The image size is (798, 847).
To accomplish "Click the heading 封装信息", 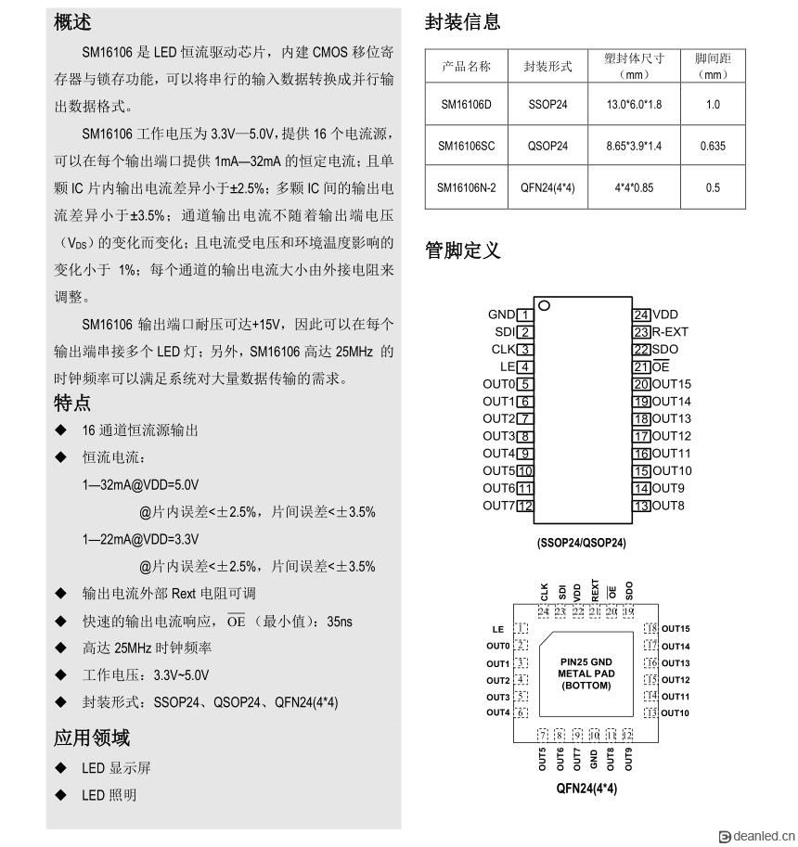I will pyautogui.click(x=462, y=22).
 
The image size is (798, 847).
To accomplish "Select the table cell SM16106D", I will pyautogui.click(x=466, y=104).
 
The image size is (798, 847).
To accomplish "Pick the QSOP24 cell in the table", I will pyautogui.click(x=547, y=146).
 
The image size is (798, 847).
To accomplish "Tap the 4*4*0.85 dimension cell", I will pyautogui.click(x=634, y=187).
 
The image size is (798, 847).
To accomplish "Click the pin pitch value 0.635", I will pyautogui.click(x=713, y=146).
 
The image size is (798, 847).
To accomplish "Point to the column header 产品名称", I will pyautogui.click(x=466, y=67).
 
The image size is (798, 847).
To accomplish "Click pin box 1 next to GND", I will pyautogui.click(x=525, y=315).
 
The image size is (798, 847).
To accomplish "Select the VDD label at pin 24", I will pyautogui.click(x=665, y=315).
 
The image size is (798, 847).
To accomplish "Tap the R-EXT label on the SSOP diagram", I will pyautogui.click(x=670, y=332).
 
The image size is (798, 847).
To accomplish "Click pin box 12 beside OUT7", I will pyautogui.click(x=525, y=506).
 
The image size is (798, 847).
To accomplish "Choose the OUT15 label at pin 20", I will pyautogui.click(x=671, y=384).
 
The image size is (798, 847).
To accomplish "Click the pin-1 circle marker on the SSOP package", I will pyautogui.click(x=545, y=305).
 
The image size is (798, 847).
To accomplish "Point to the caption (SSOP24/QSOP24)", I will pyautogui.click(x=581, y=543).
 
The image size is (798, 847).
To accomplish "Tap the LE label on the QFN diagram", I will pyautogui.click(x=497, y=629).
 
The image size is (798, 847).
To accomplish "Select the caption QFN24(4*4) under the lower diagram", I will pyautogui.click(x=586, y=789).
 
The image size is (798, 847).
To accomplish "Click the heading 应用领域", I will pyautogui.click(x=92, y=738).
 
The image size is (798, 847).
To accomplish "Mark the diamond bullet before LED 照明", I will pyautogui.click(x=61, y=795).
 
